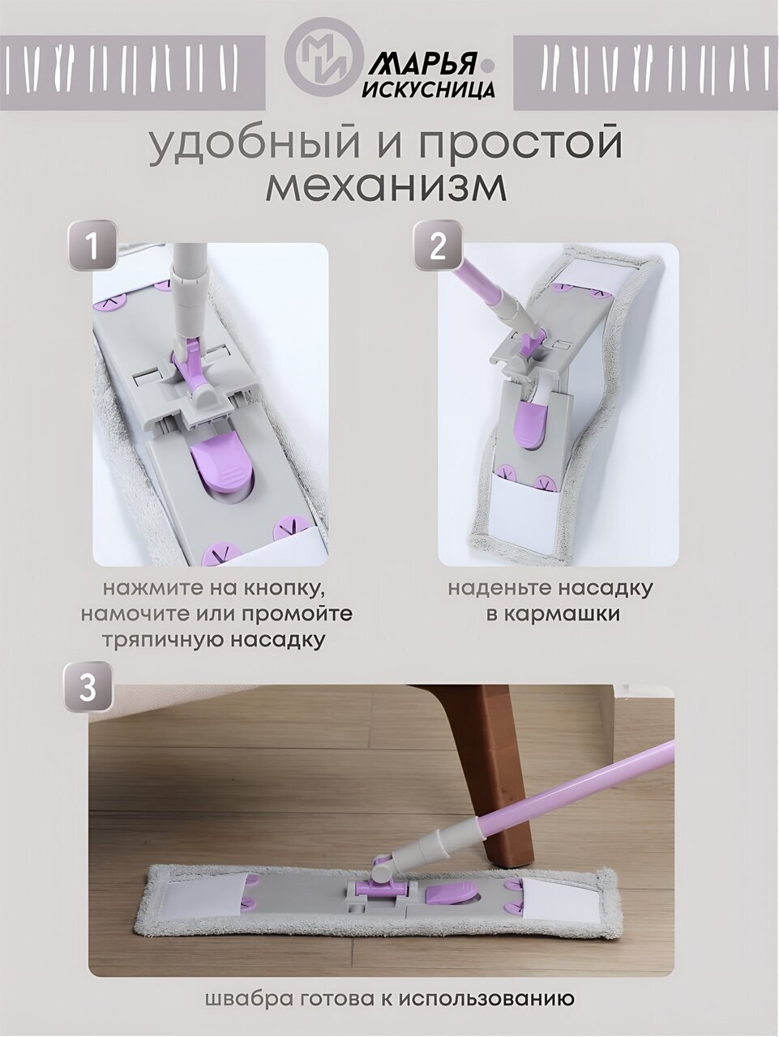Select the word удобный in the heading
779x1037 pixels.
pyautogui.click(x=254, y=143)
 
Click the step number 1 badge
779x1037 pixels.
pyautogui.click(x=93, y=246)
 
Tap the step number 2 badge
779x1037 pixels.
pyautogui.click(x=437, y=246)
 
